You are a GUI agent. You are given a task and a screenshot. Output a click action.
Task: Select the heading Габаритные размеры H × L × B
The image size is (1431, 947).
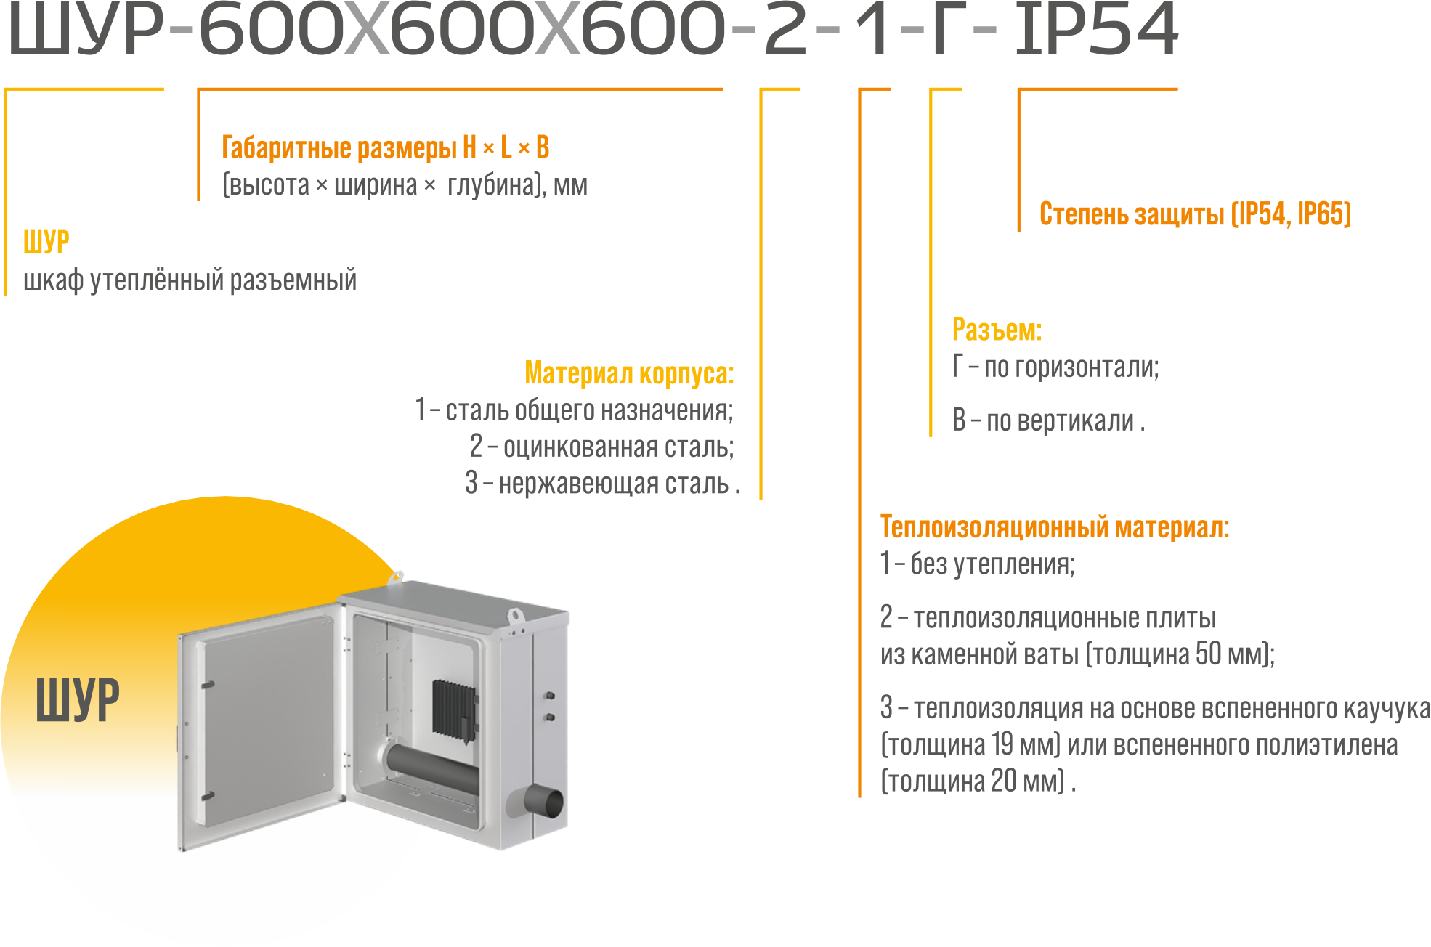pos(386,147)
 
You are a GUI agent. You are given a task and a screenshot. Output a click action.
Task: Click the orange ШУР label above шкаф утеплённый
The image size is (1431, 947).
pos(46,242)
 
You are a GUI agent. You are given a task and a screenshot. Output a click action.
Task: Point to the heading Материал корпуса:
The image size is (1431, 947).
pos(629,373)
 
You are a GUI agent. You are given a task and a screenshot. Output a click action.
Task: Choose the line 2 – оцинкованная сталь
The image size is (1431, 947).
pos(601,447)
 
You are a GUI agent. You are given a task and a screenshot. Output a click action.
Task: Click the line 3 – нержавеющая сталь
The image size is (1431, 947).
pos(602,483)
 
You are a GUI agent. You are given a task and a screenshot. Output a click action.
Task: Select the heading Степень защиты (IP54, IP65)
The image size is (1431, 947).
pos(1195,214)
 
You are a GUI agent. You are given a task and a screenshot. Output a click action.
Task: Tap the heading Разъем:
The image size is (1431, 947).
pos(997,330)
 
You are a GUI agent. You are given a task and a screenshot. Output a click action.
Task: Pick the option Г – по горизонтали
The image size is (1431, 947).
pos(1055,367)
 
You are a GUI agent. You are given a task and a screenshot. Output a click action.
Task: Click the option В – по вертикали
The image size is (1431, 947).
pos(1048,420)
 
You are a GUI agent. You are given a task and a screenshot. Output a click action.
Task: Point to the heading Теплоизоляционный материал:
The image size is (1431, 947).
pos(1055,527)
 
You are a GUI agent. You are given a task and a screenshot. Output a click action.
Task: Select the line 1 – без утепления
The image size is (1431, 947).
pos(977,564)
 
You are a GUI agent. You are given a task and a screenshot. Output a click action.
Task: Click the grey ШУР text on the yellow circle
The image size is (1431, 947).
pos(78,700)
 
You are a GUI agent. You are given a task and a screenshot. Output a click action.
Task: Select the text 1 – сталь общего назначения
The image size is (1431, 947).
pos(574,410)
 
